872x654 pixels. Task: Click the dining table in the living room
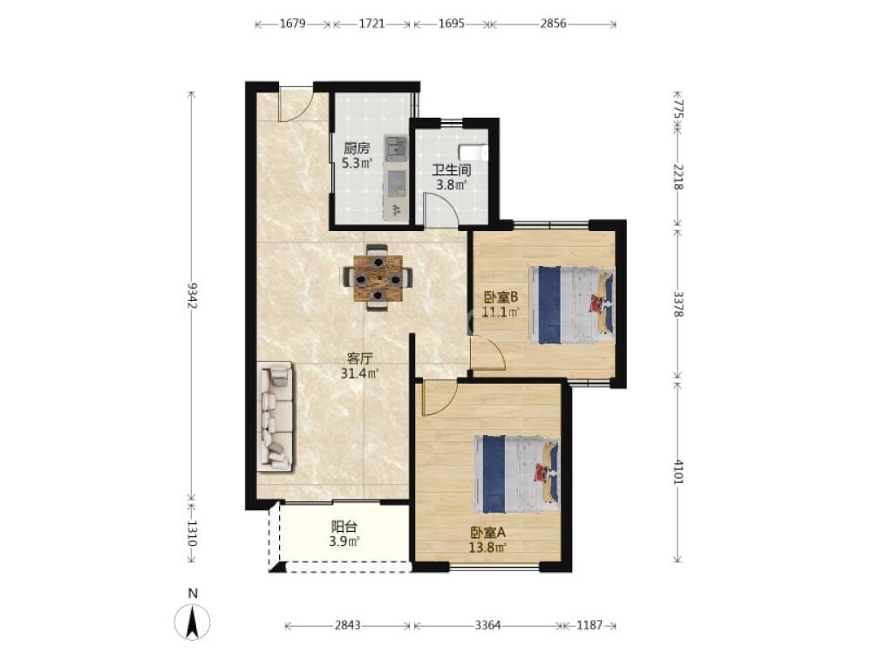coord(378,277)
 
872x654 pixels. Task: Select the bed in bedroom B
coord(572,305)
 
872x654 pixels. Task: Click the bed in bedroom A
coord(516,473)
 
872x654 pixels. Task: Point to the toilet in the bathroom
coord(473,151)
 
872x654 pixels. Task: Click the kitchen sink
coord(396,148)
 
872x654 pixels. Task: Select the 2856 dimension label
coord(553,24)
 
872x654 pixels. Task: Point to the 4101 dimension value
coord(678,471)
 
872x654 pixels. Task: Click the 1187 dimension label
coord(589,625)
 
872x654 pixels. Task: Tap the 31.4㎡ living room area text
coord(360,373)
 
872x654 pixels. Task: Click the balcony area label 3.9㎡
coord(344,542)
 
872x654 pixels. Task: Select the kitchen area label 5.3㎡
coord(357,163)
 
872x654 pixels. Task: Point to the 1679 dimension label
coord(292,24)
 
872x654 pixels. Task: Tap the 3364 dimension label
coord(487,625)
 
